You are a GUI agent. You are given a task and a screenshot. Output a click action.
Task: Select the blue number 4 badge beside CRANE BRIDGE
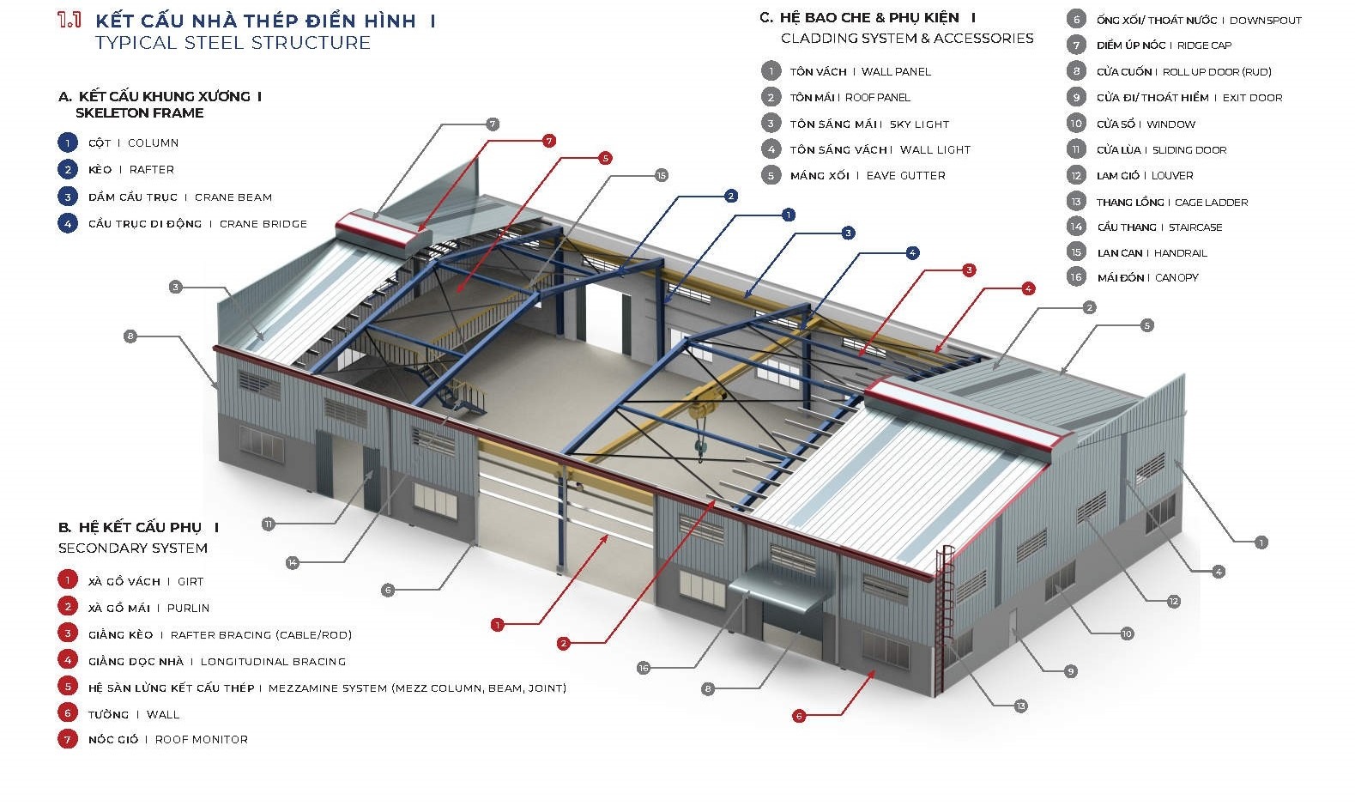click(x=68, y=224)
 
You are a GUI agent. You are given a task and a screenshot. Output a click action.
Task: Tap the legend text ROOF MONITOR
click(x=201, y=740)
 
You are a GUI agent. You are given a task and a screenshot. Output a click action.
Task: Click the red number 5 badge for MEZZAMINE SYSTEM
click(x=68, y=687)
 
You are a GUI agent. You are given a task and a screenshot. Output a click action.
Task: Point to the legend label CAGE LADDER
click(x=1211, y=203)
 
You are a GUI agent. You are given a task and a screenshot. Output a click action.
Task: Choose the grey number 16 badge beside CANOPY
click(x=1076, y=276)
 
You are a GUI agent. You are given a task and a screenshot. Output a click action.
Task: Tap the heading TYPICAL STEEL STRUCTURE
click(x=233, y=43)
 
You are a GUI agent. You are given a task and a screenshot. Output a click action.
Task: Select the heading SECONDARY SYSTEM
click(x=133, y=548)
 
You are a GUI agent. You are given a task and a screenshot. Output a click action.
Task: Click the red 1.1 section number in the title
click(x=70, y=20)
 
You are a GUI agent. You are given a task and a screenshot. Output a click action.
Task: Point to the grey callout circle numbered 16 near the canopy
click(x=644, y=668)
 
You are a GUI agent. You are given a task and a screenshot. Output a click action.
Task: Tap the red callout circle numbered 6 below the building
click(x=799, y=716)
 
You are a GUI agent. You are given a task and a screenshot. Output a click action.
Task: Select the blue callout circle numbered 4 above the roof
click(x=912, y=253)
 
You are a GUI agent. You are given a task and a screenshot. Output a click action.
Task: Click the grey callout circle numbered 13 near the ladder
click(x=1020, y=706)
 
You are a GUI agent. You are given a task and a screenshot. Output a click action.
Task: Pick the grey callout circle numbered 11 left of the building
click(x=269, y=524)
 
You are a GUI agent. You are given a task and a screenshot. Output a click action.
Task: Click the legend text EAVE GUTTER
click(x=905, y=176)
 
